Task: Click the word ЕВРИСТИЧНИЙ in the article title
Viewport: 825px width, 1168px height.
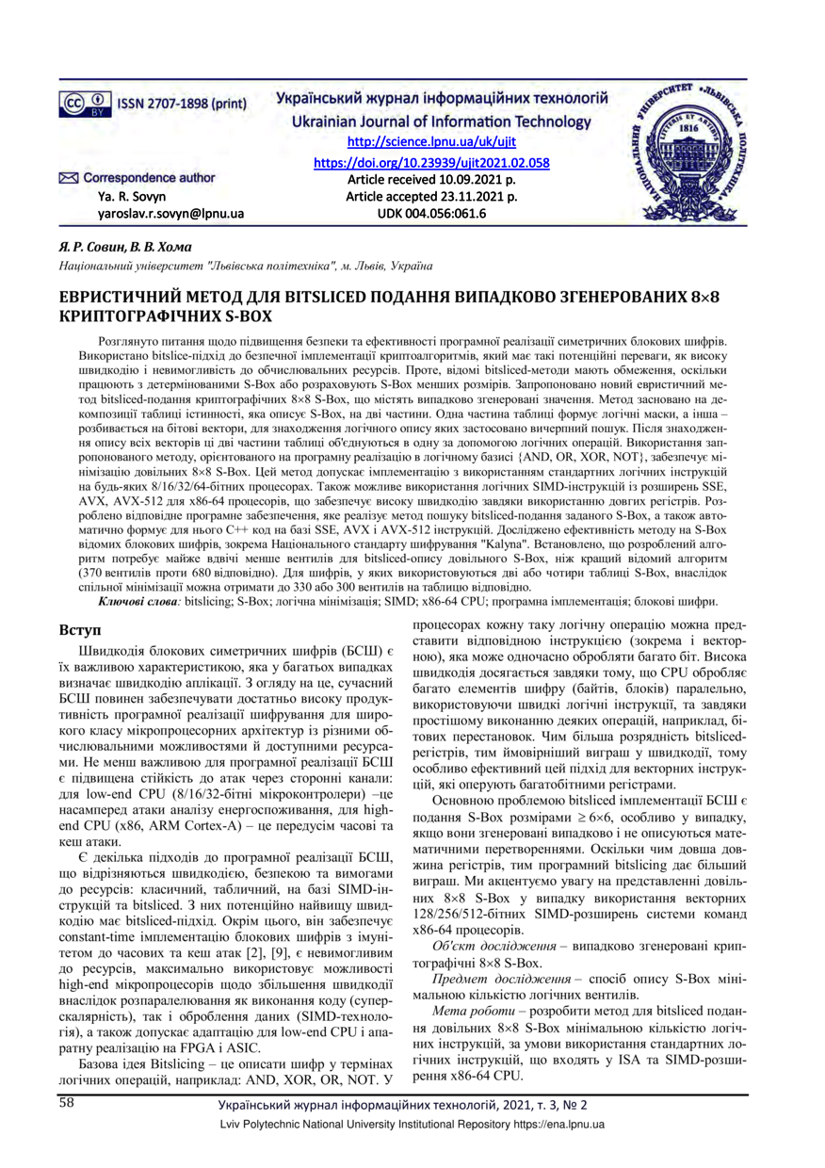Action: click(122, 297)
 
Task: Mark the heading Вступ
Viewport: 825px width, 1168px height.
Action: click(80, 627)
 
